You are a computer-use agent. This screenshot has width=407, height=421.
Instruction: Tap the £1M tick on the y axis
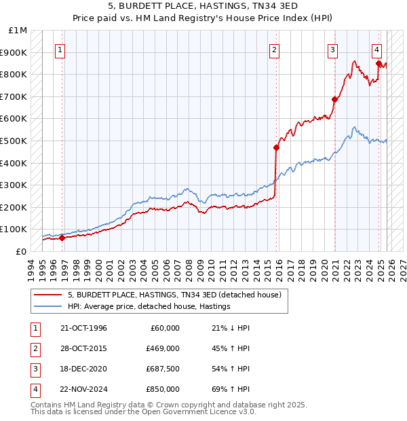[18, 31]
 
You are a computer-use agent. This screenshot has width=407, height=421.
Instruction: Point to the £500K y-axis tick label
[14, 141]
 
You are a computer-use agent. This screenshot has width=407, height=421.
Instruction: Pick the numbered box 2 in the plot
[274, 50]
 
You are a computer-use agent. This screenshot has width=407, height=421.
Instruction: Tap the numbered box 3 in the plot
[333, 50]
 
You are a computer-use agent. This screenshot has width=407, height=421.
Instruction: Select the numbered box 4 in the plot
[376, 50]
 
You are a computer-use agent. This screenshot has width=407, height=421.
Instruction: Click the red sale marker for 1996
[62, 238]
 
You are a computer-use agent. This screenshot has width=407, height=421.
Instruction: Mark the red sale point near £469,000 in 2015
[276, 147]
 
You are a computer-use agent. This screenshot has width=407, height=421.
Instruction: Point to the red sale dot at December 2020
[334, 99]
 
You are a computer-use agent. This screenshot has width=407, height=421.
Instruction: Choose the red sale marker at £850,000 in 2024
[379, 63]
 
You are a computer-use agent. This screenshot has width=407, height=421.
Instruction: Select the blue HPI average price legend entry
[149, 307]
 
